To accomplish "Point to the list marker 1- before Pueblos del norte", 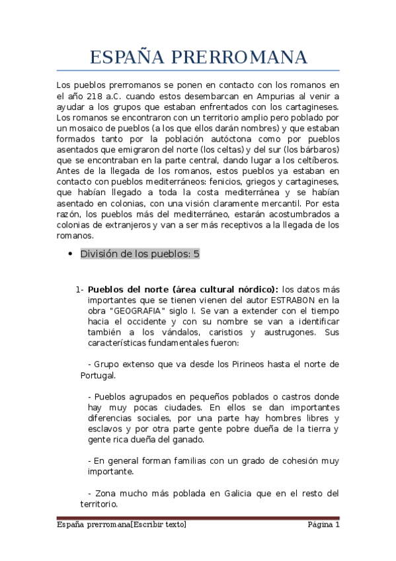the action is pos(80,289).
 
